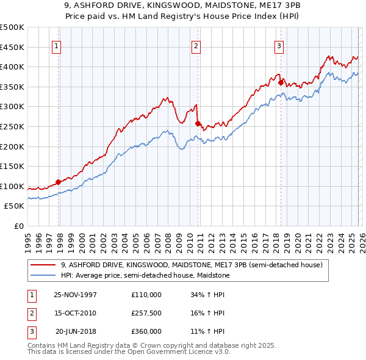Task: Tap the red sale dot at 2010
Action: point(198,123)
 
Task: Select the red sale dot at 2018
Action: point(281,82)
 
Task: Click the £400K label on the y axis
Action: point(12,67)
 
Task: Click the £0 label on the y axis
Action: point(18,226)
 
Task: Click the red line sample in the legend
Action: point(43,265)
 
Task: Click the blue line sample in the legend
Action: point(43,275)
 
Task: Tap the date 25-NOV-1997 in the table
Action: point(75,294)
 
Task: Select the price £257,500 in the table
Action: point(146,313)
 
